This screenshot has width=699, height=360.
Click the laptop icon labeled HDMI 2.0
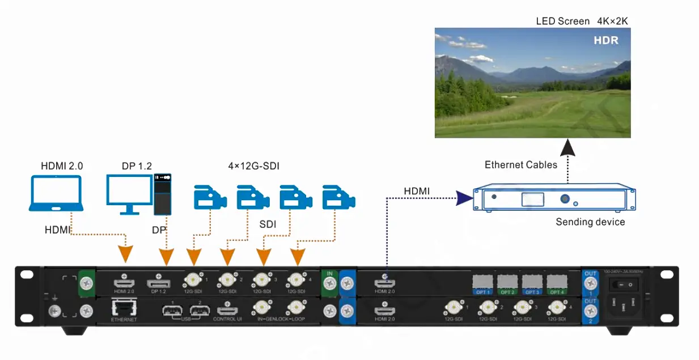(57, 193)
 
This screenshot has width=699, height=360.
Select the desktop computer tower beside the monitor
(163, 194)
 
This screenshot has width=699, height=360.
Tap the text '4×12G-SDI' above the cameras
(253, 166)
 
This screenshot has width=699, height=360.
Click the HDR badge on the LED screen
(605, 40)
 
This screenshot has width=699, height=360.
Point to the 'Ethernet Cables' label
(520, 165)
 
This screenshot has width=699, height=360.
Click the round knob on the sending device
(565, 199)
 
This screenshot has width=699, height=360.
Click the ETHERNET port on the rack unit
(124, 310)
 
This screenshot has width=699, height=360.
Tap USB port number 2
(200, 311)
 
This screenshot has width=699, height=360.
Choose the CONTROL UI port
(227, 311)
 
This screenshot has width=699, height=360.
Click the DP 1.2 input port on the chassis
(159, 282)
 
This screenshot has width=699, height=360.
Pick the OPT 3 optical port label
(532, 292)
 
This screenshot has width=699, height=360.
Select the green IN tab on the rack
(329, 274)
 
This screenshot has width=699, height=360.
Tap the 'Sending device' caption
(590, 222)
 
